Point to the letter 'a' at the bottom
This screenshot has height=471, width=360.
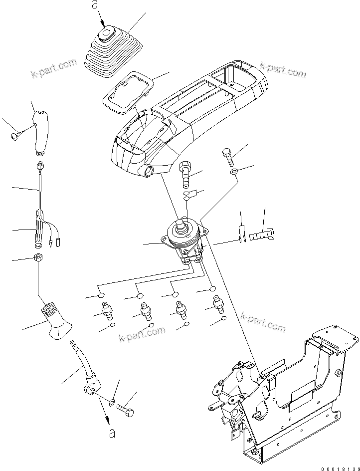point(113,434)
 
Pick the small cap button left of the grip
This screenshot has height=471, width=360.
point(14,135)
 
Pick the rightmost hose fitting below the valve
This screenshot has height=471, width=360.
point(217,305)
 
